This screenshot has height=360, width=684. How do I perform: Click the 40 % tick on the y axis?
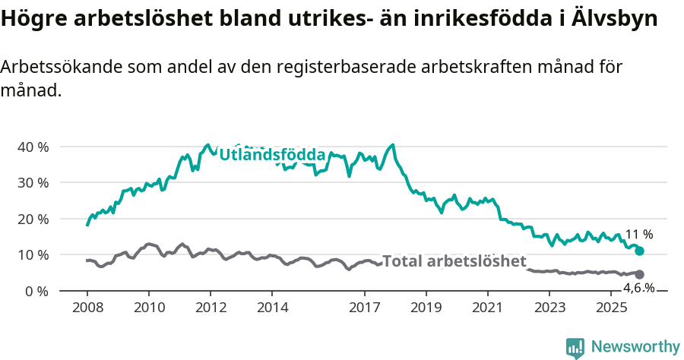pyautogui.click(x=33, y=147)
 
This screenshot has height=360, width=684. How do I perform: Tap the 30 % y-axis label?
pyautogui.click(x=33, y=182)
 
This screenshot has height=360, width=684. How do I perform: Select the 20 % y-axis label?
pyautogui.click(x=33, y=219)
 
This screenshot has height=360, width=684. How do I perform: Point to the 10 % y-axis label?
pyautogui.click(x=33, y=254)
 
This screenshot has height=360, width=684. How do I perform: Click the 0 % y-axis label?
pyautogui.click(x=36, y=291)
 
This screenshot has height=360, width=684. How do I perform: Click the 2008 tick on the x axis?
pyautogui.click(x=87, y=308)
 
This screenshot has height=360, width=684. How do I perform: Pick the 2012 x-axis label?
pyautogui.click(x=211, y=308)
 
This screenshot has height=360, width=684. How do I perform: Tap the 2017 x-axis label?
pyautogui.click(x=364, y=308)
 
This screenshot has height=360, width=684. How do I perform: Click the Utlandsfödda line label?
pyautogui.click(x=272, y=155)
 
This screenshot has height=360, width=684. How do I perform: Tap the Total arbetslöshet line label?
pyautogui.click(x=454, y=262)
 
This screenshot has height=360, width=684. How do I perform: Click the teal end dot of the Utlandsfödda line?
pyautogui.click(x=639, y=251)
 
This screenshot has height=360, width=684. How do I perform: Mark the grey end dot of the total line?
pyautogui.click(x=639, y=274)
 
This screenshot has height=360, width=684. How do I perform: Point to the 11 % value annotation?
pyautogui.click(x=638, y=235)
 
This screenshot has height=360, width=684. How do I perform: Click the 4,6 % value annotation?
pyautogui.click(x=638, y=288)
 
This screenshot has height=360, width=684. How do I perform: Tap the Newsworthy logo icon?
pyautogui.click(x=575, y=347)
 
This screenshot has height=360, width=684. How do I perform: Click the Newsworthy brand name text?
pyautogui.click(x=635, y=347)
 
